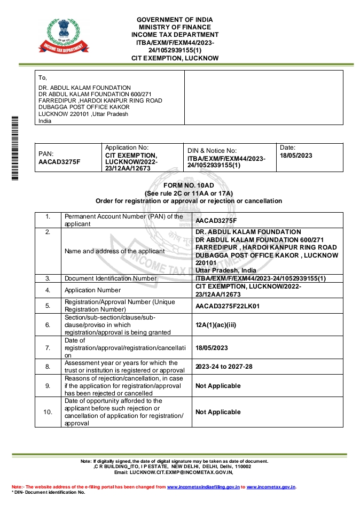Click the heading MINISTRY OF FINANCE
175,27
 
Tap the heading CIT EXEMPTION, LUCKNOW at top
175,58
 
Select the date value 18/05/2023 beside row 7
212,348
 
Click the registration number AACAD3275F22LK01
227,306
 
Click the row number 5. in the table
48,306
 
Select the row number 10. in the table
48,412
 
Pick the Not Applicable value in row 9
218,386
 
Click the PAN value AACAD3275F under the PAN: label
59,161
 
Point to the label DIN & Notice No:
212,151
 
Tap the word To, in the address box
43,78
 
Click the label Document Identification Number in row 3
111,278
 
